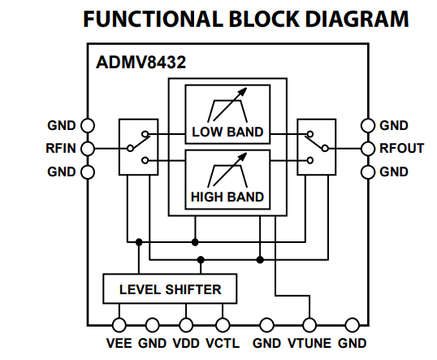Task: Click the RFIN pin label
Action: tap(60, 149)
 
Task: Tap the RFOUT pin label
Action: tap(401, 149)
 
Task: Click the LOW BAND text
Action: tap(227, 132)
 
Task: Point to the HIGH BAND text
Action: tap(227, 197)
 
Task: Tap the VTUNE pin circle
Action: tap(309, 323)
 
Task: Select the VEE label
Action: tap(119, 343)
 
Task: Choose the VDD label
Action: tap(187, 343)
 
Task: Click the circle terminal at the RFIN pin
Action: tap(88, 149)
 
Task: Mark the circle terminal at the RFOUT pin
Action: tap(368, 149)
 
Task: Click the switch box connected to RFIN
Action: tap(136, 147)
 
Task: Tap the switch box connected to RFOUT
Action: tap(315, 147)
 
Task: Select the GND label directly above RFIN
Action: tap(62, 126)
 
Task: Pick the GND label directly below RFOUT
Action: tap(394, 171)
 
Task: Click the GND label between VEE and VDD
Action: tap(152, 343)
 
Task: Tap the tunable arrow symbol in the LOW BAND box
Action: tap(227, 106)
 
